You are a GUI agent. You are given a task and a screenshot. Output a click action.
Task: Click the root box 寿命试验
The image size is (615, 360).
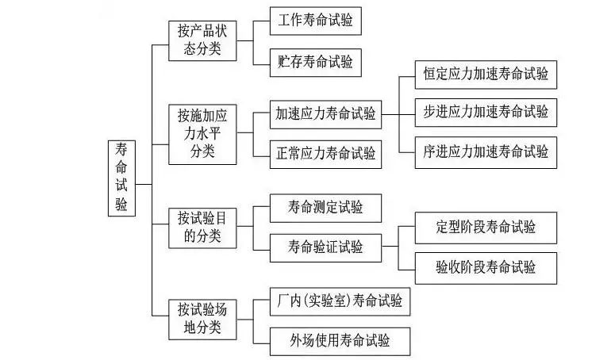[121, 179]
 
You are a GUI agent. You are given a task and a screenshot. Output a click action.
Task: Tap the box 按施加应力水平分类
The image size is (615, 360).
[202, 133]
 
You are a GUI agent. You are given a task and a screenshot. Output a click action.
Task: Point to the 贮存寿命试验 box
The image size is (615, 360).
[315, 59]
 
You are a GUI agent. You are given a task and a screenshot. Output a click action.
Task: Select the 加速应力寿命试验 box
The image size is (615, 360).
[325, 115]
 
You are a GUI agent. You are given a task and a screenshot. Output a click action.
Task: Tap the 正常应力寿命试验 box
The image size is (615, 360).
[325, 152]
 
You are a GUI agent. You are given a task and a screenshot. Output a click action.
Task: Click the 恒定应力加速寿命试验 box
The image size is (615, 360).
[486, 75]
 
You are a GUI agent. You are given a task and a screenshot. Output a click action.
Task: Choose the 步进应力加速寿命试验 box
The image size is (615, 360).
[486, 112]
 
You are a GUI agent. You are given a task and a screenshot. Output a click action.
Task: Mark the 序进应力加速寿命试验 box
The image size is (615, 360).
[486, 150]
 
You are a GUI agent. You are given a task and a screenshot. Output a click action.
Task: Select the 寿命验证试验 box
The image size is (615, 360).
[325, 247]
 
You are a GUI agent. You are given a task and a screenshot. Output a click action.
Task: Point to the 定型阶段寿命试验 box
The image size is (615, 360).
[486, 228]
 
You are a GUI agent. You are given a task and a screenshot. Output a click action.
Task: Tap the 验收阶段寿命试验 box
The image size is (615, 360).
[486, 266]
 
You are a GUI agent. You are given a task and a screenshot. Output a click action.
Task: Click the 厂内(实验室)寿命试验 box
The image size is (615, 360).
[340, 302]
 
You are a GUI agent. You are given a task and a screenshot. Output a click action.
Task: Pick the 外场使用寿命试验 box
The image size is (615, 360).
[340, 341]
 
